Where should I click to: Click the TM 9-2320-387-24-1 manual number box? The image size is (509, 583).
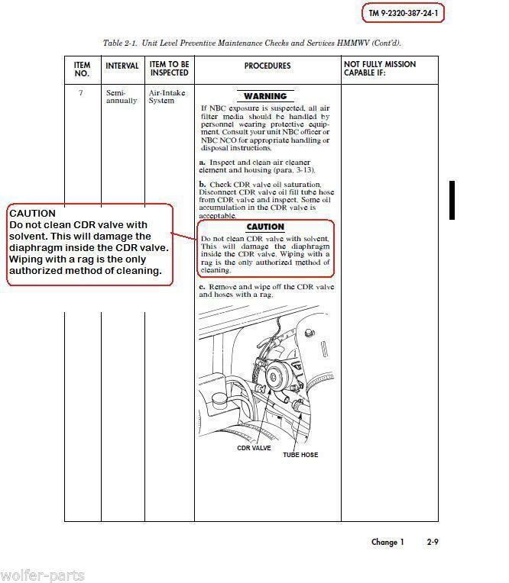(x=402, y=14)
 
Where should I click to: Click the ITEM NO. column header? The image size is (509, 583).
(x=82, y=69)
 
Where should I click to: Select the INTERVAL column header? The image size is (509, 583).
(x=122, y=66)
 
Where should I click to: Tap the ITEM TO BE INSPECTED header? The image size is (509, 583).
(x=169, y=69)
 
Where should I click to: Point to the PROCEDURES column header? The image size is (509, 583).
(x=267, y=66)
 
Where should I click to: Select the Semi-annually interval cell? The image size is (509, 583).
(x=122, y=96)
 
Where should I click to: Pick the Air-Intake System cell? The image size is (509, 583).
(x=162, y=96)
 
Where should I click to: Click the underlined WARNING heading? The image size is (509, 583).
(x=265, y=97)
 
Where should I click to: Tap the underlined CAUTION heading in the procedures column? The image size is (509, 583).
(x=265, y=227)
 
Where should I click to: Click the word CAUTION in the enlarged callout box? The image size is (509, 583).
(x=32, y=214)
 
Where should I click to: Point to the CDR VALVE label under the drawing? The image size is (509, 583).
(x=254, y=449)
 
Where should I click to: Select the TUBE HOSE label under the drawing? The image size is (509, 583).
(x=300, y=455)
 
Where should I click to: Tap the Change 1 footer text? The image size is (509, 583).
(x=387, y=543)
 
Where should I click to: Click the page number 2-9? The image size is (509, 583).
(x=433, y=543)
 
